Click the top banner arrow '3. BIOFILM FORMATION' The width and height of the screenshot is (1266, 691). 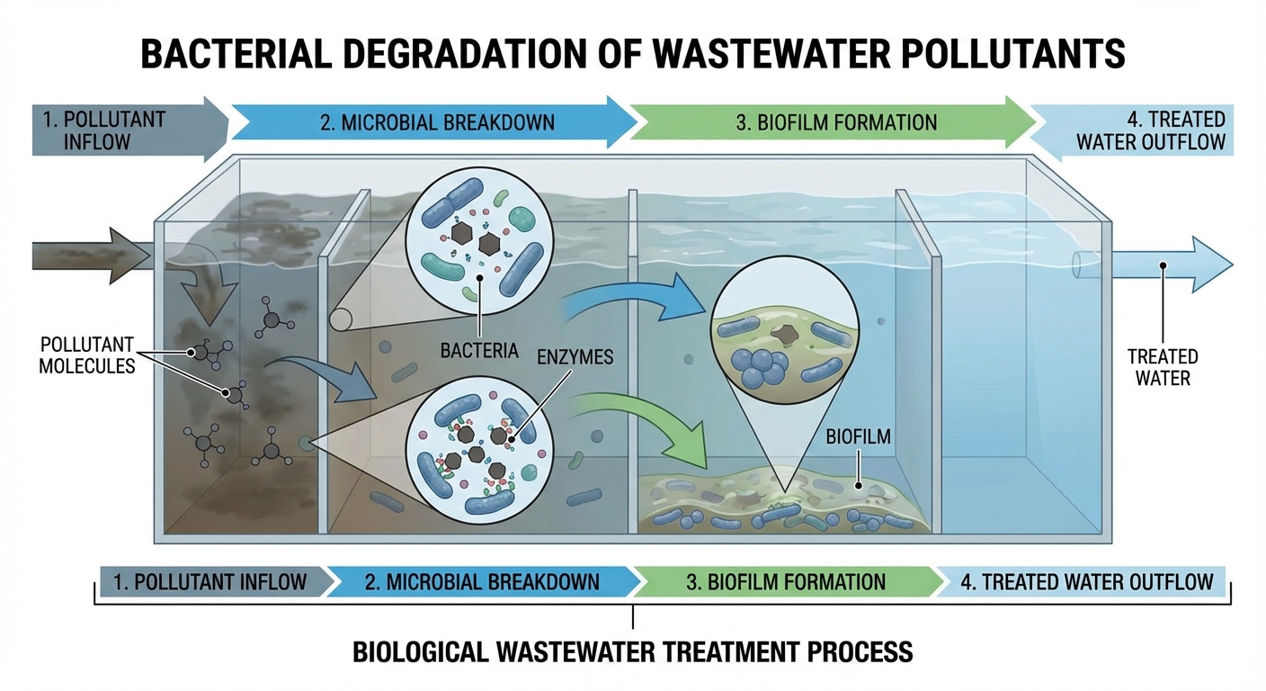coord(836,122)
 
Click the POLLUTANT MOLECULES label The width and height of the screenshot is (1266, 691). coord(86,354)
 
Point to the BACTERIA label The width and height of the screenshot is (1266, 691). coord(479,350)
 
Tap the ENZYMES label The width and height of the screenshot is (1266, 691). coord(575,357)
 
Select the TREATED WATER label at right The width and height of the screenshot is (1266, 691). coord(1163,367)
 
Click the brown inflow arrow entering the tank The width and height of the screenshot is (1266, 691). coord(85,251)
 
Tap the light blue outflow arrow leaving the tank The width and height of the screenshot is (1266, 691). coord(1169,265)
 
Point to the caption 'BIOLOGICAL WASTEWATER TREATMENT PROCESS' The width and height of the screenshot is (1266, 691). coord(633,651)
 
